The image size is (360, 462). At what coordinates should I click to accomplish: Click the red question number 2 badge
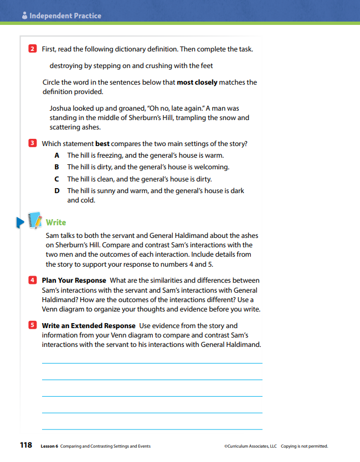32,49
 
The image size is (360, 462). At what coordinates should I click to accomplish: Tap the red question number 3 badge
32,143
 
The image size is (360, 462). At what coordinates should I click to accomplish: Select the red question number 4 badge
32,281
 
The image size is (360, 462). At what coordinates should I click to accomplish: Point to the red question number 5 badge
32,325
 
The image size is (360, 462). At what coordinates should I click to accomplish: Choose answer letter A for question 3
56,155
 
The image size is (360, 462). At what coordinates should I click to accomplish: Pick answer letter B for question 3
56,167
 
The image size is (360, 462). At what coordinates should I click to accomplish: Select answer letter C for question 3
56,179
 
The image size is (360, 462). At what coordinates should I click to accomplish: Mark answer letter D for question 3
56,190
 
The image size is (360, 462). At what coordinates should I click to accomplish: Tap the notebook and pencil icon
34,221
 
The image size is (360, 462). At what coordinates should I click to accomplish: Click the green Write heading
56,222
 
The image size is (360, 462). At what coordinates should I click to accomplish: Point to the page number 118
25,445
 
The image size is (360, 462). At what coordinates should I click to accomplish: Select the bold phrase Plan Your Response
74,281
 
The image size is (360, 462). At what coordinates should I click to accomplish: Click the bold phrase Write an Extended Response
89,325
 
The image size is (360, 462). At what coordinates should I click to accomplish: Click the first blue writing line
152,363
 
